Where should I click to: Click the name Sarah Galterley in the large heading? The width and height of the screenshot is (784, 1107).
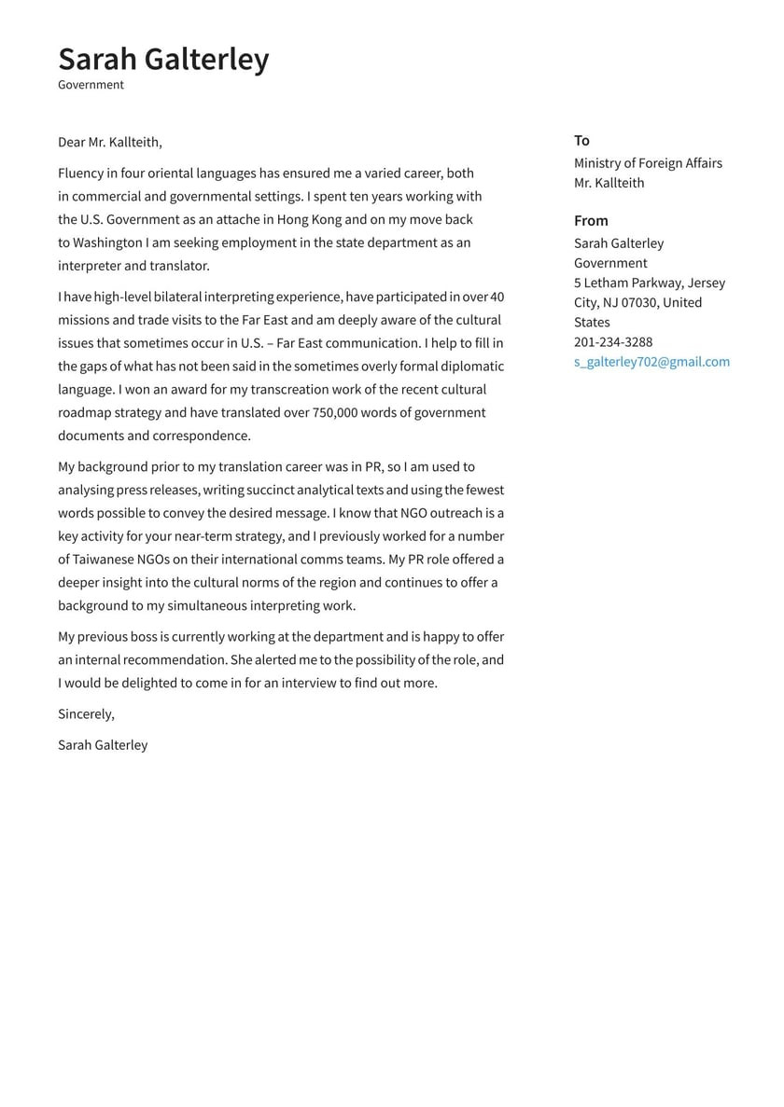(x=163, y=59)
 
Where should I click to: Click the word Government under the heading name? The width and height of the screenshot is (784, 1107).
(x=91, y=85)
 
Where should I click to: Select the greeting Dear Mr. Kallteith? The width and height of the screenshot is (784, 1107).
(x=109, y=143)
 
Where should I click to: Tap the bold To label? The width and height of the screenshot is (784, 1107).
(x=581, y=141)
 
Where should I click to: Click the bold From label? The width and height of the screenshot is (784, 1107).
(x=591, y=221)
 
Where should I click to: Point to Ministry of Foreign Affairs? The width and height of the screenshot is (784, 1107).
(x=648, y=163)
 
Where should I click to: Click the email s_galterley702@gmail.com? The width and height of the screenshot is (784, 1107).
(x=651, y=362)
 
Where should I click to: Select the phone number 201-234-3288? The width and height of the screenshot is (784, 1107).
(x=613, y=342)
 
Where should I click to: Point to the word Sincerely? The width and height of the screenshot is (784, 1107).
(x=86, y=714)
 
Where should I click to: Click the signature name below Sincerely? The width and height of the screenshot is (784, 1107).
(x=103, y=745)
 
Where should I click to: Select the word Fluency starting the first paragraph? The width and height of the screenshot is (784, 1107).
(x=81, y=173)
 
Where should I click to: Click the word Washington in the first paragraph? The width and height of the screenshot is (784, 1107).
(x=106, y=242)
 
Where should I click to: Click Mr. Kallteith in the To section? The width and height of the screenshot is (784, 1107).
(x=609, y=183)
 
